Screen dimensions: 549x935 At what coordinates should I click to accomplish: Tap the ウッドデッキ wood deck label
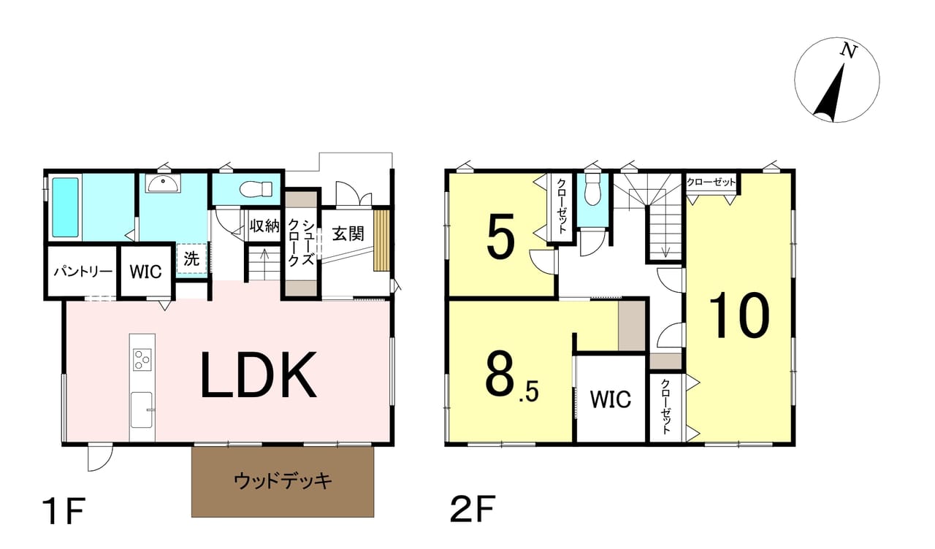283,481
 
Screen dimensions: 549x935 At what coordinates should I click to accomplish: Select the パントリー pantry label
83,272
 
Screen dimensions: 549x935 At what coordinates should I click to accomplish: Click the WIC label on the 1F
146,272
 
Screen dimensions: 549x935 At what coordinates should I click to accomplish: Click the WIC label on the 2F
610,399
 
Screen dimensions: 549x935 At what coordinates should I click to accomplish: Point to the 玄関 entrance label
348,234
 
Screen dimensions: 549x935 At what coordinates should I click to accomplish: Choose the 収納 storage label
264,226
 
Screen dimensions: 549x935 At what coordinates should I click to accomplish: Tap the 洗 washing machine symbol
191,258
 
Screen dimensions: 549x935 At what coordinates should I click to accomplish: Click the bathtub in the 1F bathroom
65,207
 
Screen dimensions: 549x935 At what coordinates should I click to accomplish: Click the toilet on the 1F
256,189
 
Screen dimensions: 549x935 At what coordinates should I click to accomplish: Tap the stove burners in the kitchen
142,360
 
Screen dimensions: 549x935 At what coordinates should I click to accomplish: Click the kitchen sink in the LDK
141,410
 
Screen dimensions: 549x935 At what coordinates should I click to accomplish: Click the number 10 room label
739,315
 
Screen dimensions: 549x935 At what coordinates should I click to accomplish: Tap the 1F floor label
63,511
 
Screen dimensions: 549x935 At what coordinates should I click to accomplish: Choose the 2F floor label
473,511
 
